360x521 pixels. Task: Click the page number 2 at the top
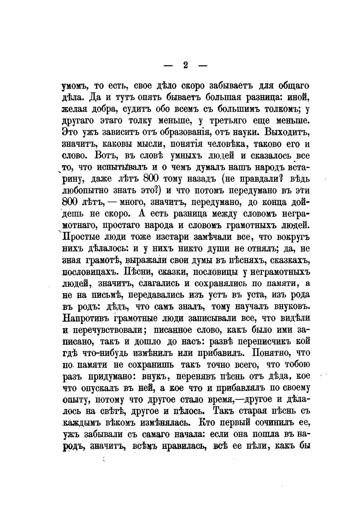coord(185,66)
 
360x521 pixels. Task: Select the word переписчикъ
coord(266,340)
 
